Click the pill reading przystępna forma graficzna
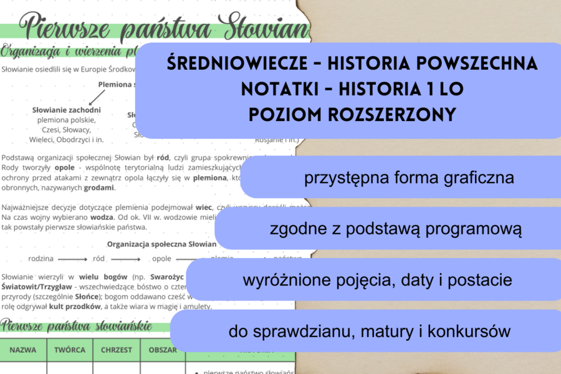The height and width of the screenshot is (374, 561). coord(409,178)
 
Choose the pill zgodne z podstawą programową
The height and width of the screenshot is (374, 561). coord(395,229)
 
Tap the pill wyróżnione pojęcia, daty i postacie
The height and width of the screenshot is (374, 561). coord(377,280)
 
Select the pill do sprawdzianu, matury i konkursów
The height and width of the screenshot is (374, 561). coord(370,331)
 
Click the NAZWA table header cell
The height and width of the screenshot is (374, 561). coord(23,350)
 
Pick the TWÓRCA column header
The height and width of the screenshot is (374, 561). coord(70,350)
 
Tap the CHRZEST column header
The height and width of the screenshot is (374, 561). coord(117,350)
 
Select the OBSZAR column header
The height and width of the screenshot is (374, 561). coord(163,350)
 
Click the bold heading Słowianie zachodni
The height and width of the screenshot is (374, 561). coord(66,110)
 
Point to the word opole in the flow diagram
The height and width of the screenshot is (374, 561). coord(161,257)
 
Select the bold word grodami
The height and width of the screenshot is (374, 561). coord(102,188)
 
